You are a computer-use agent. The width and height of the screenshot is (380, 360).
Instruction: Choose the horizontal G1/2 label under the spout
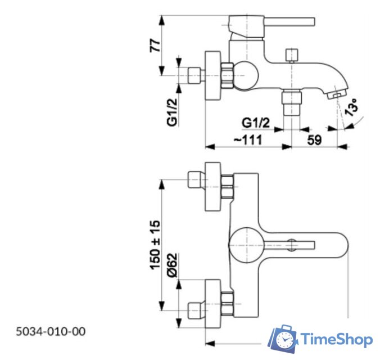point(256,122)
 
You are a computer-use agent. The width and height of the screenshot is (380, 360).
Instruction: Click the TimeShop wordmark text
point(336,339)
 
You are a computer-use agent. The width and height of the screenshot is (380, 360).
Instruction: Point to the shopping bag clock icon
point(282,339)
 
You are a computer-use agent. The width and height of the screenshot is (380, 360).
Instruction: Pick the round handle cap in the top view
point(244,245)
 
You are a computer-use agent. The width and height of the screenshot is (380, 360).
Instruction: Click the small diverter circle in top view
point(292,245)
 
